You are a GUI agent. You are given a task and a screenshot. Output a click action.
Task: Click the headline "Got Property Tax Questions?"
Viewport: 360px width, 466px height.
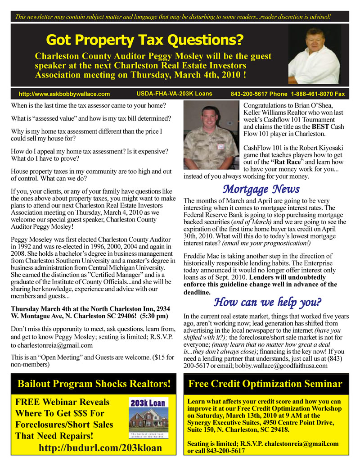[x=144, y=41]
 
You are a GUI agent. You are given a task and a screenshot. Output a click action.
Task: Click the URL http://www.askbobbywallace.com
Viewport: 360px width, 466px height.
[x=64, y=94]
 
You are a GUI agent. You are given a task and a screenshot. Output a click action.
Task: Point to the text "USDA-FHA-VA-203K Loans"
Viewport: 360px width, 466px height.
[x=174, y=94]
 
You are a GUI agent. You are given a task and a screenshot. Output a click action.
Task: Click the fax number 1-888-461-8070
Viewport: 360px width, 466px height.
[x=318, y=94]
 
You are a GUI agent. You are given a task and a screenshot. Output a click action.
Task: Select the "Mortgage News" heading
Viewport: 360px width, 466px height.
[x=261, y=189]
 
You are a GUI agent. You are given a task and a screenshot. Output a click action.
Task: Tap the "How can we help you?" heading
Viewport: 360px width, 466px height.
[x=267, y=301]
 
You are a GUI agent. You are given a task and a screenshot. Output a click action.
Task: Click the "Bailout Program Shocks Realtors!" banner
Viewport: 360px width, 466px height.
[x=94, y=384]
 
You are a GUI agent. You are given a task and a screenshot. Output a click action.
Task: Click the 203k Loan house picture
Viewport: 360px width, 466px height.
[x=148, y=419]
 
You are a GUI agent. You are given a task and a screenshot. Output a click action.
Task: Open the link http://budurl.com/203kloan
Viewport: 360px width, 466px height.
[x=100, y=448]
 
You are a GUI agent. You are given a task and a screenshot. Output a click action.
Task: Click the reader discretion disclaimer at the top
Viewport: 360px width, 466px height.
[x=173, y=17]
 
